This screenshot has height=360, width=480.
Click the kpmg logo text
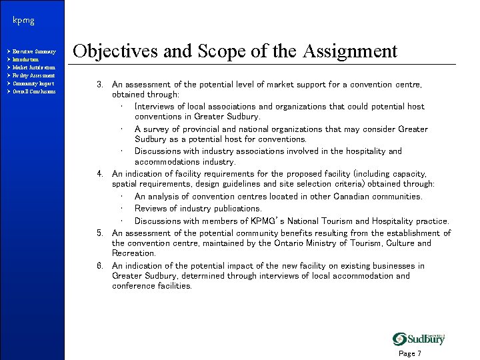click(x=23, y=21)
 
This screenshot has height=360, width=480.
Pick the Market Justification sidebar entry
click(x=34, y=67)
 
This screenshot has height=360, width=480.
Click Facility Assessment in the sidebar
click(x=33, y=75)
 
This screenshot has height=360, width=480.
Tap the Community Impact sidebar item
click(x=33, y=83)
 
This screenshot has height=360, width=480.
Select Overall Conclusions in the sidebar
click(x=34, y=91)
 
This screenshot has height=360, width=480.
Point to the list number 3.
click(x=99, y=85)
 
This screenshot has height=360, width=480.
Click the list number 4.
click(x=99, y=174)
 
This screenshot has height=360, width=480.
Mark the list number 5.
click(x=99, y=233)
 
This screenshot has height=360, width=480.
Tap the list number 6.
click(x=99, y=266)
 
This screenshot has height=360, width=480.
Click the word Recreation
click(x=133, y=253)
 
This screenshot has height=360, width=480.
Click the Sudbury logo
click(x=419, y=339)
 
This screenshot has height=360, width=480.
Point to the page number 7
click(x=419, y=353)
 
